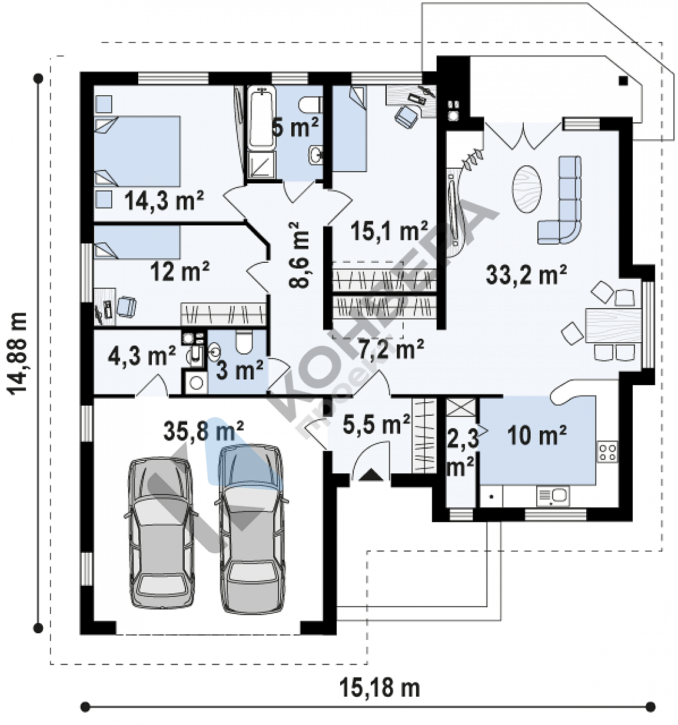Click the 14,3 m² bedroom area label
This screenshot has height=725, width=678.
pyautogui.click(x=164, y=201)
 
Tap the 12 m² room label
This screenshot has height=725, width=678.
pyautogui.click(x=180, y=270)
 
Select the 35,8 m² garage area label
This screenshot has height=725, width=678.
pyautogui.click(x=203, y=431)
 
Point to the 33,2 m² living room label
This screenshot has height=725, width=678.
pyautogui.click(x=526, y=274)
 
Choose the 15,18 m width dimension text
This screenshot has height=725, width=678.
pyautogui.click(x=380, y=688)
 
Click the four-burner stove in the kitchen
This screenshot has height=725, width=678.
pyautogui.click(x=607, y=452)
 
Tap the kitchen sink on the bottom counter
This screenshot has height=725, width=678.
pyautogui.click(x=553, y=495)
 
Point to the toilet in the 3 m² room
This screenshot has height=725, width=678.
pyautogui.click(x=244, y=342)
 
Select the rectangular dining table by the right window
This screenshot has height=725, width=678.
pyautogui.click(x=614, y=326)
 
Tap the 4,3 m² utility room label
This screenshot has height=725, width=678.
pyautogui.click(x=142, y=356)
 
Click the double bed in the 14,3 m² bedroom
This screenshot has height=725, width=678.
pyautogui.click(x=137, y=151)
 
